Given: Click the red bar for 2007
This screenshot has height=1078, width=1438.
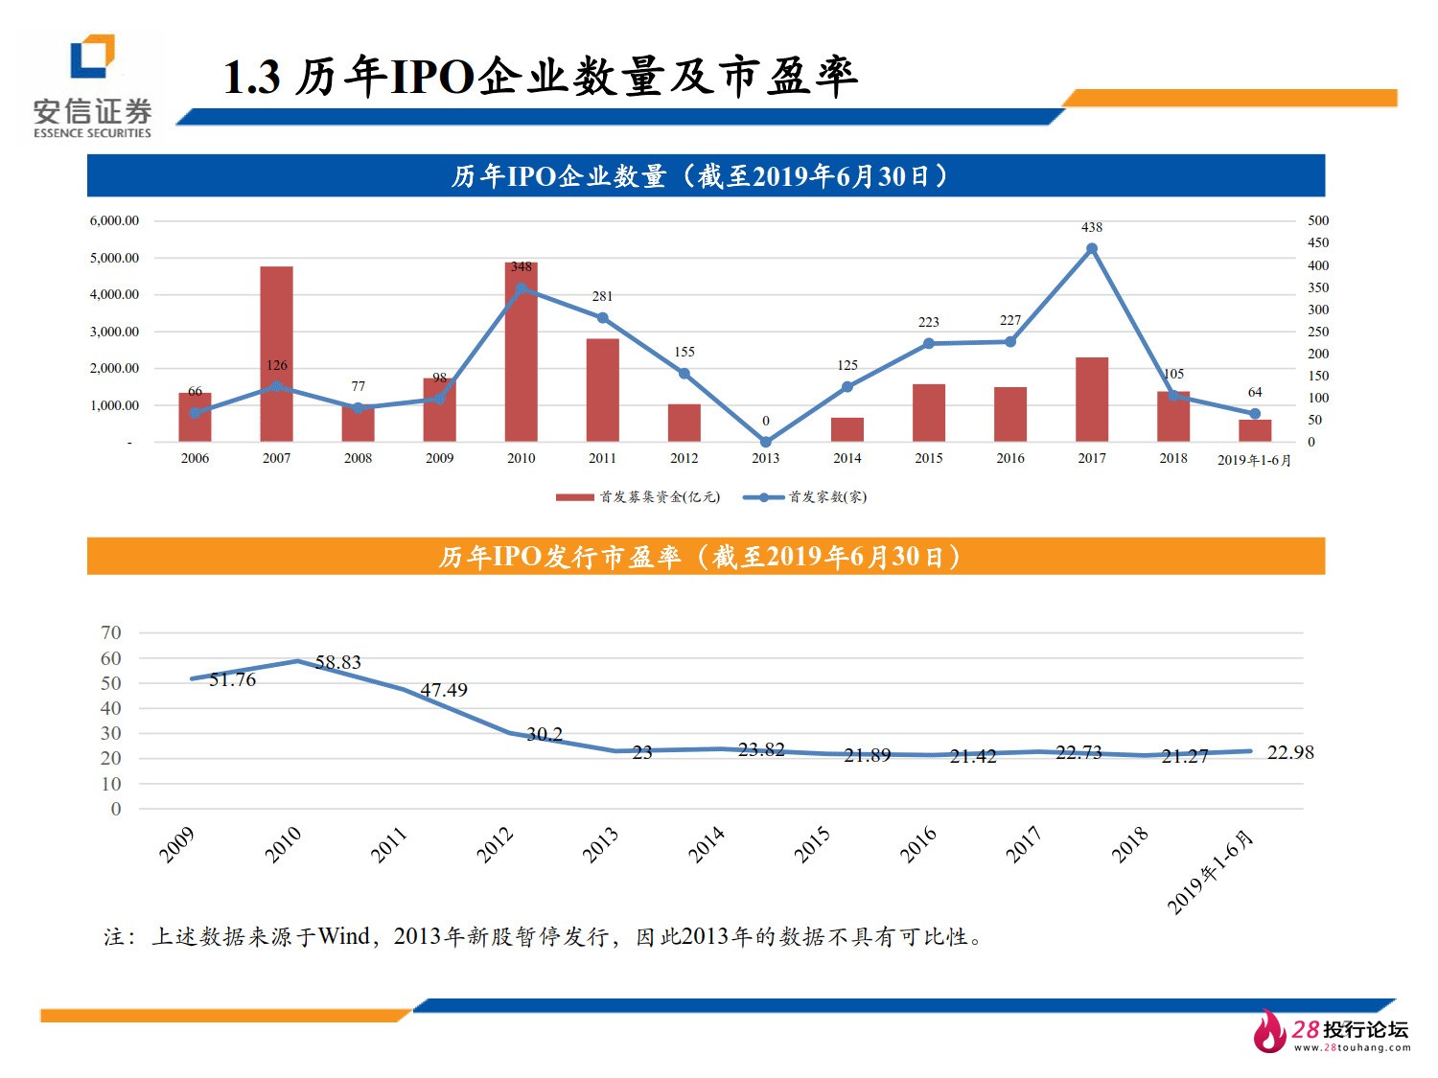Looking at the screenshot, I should coord(276,354).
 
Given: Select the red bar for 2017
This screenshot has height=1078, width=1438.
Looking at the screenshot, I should coord(1091,400).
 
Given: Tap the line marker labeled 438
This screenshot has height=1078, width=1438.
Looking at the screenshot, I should coord(1091,249).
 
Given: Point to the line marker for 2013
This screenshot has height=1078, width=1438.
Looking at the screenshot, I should coord(765,442).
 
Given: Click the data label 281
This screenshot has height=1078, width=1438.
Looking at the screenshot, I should coord(602,296).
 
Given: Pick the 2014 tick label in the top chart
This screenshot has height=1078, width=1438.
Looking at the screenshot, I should coord(847,458).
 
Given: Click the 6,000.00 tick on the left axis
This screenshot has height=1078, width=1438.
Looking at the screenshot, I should coord(114,220).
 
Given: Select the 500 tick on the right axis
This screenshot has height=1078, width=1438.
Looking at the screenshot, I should coord(1318,220).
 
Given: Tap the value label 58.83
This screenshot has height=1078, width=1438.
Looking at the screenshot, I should coord(337,662).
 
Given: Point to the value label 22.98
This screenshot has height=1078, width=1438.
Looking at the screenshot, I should coord(1289,752).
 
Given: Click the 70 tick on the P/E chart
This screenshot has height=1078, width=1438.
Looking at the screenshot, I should coord(111,632).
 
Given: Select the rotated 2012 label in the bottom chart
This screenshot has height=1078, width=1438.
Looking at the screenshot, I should coord(496,845).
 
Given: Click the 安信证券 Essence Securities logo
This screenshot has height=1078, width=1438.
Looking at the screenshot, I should coord(92,86).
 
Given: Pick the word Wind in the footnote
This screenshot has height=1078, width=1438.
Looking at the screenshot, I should coord(343,936).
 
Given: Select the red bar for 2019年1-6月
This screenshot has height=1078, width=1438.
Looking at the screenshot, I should coord(1254,431).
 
